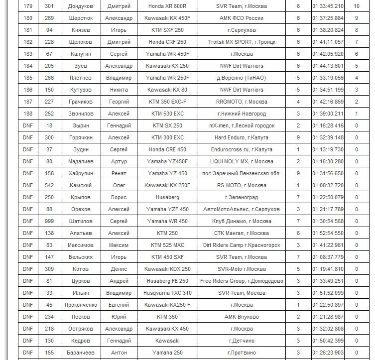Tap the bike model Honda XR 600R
point(167,6)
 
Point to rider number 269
point(49,18)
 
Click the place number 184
point(27,66)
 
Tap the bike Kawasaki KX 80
point(167,90)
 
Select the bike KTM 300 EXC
point(167,137)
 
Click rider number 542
point(49,185)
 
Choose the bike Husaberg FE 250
point(167,281)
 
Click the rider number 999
point(49,221)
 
